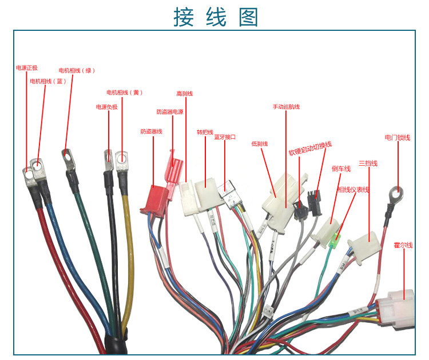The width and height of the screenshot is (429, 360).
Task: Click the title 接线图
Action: pyautogui.click(x=216, y=17)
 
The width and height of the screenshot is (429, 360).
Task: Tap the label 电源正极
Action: pyautogui.click(x=27, y=68)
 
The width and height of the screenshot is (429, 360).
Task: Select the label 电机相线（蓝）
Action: pyautogui.click(x=49, y=81)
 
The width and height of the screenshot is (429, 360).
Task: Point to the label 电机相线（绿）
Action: pyautogui.click(x=77, y=70)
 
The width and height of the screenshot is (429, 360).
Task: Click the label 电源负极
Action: pyautogui.click(x=106, y=107)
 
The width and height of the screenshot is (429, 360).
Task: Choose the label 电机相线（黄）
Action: pyautogui.click(x=124, y=93)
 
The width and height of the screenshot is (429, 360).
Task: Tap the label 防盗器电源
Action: pyautogui.click(x=170, y=112)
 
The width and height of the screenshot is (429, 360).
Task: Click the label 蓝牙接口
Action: pyautogui.click(x=225, y=137)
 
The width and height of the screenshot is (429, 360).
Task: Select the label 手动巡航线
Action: pyautogui.click(x=286, y=107)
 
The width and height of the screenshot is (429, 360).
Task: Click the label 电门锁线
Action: pyautogui.click(x=398, y=138)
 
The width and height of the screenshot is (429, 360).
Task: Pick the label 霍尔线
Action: pyautogui.click(x=403, y=245)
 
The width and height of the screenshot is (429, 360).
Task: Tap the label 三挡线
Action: pyautogui.click(x=368, y=164)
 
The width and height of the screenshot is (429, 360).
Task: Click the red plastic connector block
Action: pyautogui.click(x=156, y=198)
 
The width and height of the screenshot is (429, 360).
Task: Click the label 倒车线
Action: pyautogui.click(x=341, y=169)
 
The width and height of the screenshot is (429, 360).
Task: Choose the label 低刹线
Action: pyautogui.click(x=260, y=144)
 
